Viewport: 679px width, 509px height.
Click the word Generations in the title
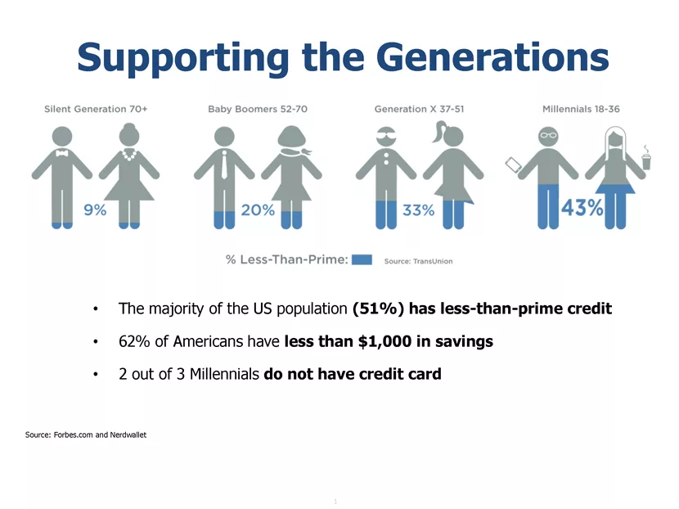pyautogui.click(x=492, y=57)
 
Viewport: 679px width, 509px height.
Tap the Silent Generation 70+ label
pyautogui.click(x=96, y=109)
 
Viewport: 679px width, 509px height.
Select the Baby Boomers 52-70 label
pyautogui.click(x=258, y=109)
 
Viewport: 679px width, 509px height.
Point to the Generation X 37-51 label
pyautogui.click(x=419, y=109)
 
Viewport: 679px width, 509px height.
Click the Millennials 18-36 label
pyautogui.click(x=581, y=109)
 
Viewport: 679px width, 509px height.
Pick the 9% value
pyautogui.click(x=95, y=210)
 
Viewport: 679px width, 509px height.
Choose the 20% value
pyautogui.click(x=258, y=210)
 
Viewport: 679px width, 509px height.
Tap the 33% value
pyautogui.click(x=418, y=210)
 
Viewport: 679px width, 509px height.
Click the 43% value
pyautogui.click(x=582, y=208)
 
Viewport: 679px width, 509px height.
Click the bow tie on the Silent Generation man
pyautogui.click(x=62, y=153)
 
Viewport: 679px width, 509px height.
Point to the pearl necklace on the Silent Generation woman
pyautogui.click(x=129, y=155)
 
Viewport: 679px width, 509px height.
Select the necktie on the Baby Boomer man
pyautogui.click(x=224, y=165)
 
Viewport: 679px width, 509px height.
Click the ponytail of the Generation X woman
pyautogui.click(x=439, y=131)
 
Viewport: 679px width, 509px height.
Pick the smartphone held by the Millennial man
pyautogui.click(x=514, y=165)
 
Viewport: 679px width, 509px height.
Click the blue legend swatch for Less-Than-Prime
pyautogui.click(x=362, y=259)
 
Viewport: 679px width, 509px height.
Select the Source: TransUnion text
pyautogui.click(x=418, y=261)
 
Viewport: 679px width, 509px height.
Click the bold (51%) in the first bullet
pyautogui.click(x=379, y=309)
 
